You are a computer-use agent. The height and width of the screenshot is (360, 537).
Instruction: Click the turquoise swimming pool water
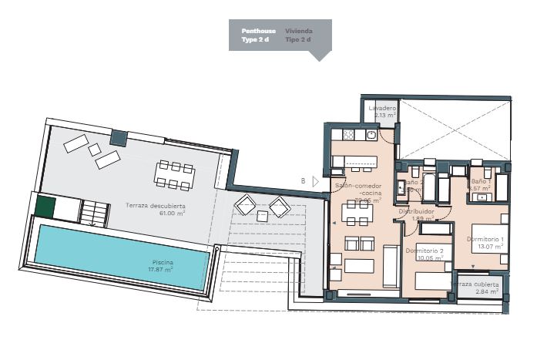(x=92, y=254)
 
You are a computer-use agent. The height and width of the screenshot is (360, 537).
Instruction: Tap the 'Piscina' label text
(x=163, y=263)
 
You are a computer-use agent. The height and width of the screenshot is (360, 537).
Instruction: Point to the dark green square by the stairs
(x=46, y=208)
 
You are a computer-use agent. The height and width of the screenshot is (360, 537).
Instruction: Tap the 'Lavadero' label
(x=382, y=109)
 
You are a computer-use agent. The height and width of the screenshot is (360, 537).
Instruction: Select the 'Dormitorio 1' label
(x=485, y=239)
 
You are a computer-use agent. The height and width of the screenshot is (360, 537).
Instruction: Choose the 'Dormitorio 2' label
(x=425, y=251)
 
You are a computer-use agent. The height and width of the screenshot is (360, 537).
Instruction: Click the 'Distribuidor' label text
(x=417, y=210)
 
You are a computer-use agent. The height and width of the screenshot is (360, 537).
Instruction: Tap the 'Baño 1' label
(x=481, y=180)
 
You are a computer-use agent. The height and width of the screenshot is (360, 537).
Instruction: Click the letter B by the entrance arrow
(x=303, y=181)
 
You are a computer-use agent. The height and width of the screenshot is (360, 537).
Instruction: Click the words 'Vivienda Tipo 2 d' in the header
(x=298, y=35)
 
